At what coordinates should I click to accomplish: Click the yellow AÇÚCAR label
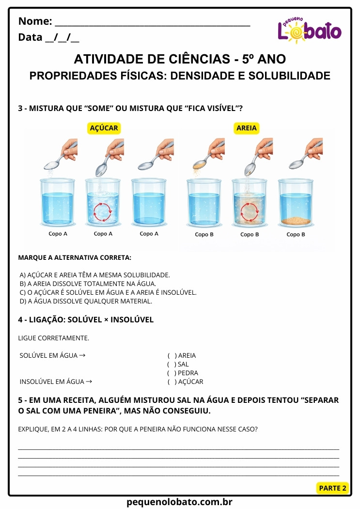point(104,128)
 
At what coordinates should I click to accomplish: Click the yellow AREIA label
point(247,128)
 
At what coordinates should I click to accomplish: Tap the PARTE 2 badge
point(333,488)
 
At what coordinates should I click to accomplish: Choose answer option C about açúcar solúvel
point(108,292)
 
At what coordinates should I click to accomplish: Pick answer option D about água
point(86,301)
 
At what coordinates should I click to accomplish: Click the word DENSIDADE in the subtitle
point(203,76)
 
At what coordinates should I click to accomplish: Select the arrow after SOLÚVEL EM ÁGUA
point(82,355)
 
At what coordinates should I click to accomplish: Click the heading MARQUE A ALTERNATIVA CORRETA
point(75,257)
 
